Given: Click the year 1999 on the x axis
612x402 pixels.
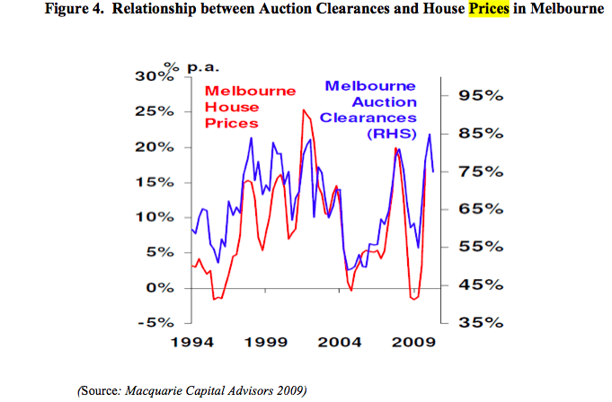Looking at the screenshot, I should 267,342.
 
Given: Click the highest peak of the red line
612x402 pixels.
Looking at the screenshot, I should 304,110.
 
